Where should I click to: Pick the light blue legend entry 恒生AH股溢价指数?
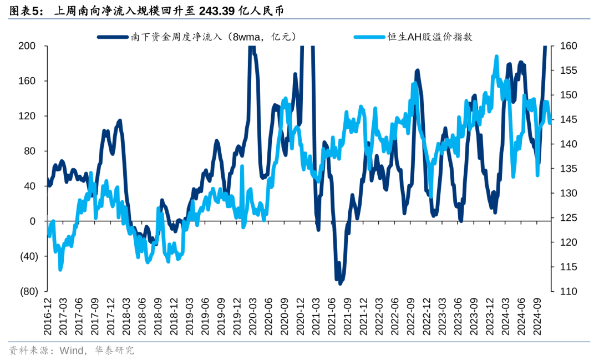point(430,37)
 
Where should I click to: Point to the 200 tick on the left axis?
point(27,46)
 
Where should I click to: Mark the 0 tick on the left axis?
point(32,221)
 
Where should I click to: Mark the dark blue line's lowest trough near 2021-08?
point(340,283)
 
